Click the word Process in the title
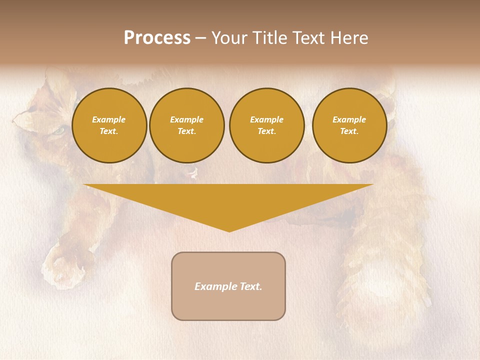[x=157, y=38]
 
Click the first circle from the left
[x=109, y=125]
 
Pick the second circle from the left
[x=186, y=125]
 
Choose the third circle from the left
[x=266, y=125]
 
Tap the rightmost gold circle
[x=349, y=125]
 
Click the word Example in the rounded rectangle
[x=214, y=286]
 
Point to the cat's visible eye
[x=59, y=131]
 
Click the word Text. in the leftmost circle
[x=109, y=131]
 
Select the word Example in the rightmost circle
[x=349, y=119]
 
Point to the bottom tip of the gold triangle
[x=229, y=231]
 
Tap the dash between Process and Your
[x=200, y=38]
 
